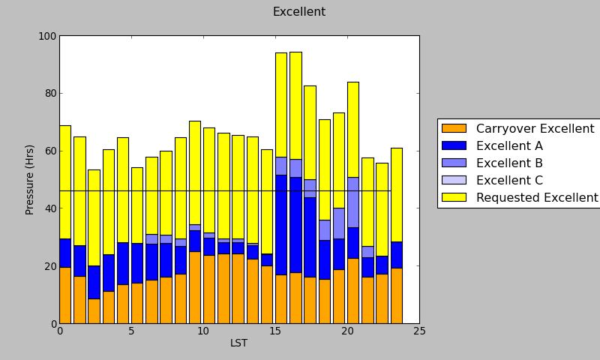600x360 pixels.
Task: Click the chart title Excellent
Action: [x=298, y=12]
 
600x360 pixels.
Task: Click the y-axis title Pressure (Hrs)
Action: [x=30, y=179]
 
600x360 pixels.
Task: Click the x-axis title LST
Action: [x=238, y=343]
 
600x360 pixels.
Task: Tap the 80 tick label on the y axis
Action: [x=48, y=94]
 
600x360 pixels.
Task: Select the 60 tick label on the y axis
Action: [x=48, y=151]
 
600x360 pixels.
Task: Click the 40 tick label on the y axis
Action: [x=48, y=208]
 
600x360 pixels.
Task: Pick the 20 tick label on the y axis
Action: [x=48, y=266]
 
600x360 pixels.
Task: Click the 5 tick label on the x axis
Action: [x=131, y=331]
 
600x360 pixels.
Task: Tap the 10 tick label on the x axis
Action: [x=203, y=331]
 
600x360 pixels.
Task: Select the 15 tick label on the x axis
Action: [x=275, y=331]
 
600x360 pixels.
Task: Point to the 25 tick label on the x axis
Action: [x=419, y=331]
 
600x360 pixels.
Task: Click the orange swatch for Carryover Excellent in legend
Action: [x=454, y=129]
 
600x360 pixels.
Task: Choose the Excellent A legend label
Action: [x=509, y=146]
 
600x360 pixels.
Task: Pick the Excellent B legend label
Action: [x=509, y=163]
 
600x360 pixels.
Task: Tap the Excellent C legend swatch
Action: [x=454, y=181]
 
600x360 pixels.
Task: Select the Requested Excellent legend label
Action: [x=537, y=198]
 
